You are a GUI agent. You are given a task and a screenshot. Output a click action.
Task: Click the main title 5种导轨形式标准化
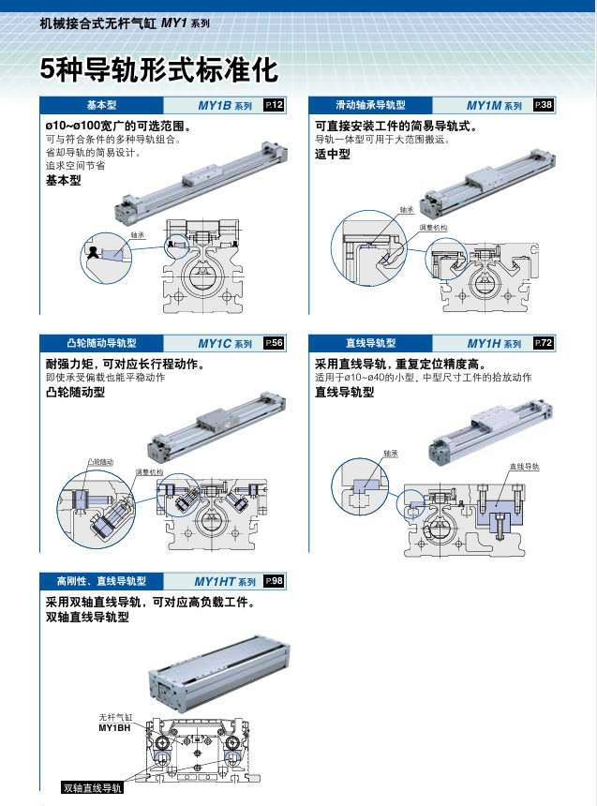pyautogui.click(x=158, y=69)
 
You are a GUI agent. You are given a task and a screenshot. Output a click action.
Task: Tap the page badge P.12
pyautogui.click(x=274, y=105)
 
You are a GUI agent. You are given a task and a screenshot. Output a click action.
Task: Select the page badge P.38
pyautogui.click(x=543, y=105)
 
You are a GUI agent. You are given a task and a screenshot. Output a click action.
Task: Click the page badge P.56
pyautogui.click(x=274, y=343)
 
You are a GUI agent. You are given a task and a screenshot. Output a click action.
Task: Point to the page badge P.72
pyautogui.click(x=543, y=343)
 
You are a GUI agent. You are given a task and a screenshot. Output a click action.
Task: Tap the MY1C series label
pyautogui.click(x=224, y=344)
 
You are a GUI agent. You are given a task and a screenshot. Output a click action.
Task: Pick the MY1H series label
pyautogui.click(x=494, y=344)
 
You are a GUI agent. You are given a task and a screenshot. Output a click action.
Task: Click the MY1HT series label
pyautogui.click(x=224, y=582)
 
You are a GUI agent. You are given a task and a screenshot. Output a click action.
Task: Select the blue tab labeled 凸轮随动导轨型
pyautogui.click(x=101, y=344)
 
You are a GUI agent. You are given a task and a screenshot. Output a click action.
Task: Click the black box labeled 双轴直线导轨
pyautogui.click(x=92, y=788)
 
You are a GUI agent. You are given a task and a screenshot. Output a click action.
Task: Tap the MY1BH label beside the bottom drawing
pyautogui.click(x=114, y=727)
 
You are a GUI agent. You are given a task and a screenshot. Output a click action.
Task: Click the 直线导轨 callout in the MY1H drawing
pyautogui.click(x=524, y=466)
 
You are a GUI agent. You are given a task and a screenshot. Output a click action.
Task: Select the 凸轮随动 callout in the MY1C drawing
pyautogui.click(x=100, y=462)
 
